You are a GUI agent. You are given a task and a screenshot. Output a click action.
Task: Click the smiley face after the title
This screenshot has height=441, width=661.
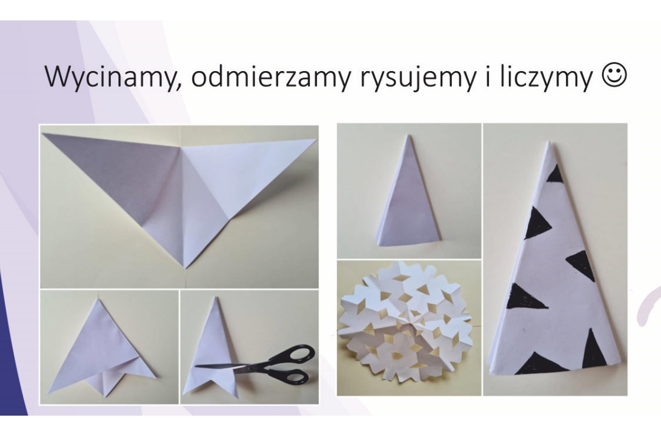click(x=614, y=76)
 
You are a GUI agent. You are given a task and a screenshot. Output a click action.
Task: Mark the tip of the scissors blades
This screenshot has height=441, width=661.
click(x=196, y=366)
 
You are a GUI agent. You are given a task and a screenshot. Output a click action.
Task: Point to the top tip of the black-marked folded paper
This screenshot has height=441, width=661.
click(x=549, y=142)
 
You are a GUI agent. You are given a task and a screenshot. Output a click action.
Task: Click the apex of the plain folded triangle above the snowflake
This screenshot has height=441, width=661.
click(x=407, y=135)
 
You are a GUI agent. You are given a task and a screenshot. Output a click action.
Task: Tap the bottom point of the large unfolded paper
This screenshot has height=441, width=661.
click(x=185, y=268)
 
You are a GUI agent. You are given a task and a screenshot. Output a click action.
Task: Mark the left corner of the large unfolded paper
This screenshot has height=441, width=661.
click(x=43, y=134)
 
